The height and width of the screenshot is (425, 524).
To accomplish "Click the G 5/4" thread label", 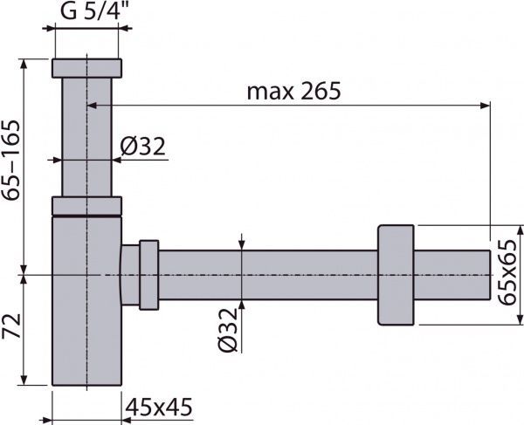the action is (x=94, y=11).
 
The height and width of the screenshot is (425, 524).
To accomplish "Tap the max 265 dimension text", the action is (x=293, y=91).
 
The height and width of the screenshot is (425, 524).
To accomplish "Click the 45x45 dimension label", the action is (x=159, y=407).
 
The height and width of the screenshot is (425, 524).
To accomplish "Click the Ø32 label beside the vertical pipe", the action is (x=142, y=147).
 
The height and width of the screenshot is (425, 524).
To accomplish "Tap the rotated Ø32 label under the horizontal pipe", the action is (x=228, y=330).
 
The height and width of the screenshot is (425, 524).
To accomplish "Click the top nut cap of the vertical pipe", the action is (x=86, y=68).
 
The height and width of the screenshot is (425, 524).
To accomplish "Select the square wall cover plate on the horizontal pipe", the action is (x=396, y=275).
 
